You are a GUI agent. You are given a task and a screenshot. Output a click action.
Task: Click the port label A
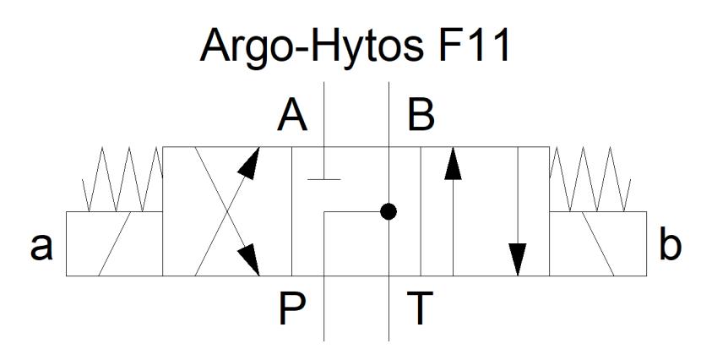click(292, 116)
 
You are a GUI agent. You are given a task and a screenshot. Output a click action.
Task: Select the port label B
click(421, 116)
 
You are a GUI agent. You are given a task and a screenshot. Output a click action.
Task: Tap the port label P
click(292, 308)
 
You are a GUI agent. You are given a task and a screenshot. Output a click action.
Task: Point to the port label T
click(420, 308)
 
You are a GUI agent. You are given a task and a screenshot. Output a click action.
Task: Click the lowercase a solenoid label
click(41, 247)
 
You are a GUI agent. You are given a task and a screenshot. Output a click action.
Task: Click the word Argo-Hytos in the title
click(311, 46)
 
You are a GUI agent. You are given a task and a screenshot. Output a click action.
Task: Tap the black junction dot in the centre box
click(389, 211)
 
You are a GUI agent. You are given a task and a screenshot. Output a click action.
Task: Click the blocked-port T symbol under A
click(324, 179)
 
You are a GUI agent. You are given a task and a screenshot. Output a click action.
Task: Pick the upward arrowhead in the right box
click(453, 164)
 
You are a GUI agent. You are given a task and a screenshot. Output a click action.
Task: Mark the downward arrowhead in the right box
click(518, 259)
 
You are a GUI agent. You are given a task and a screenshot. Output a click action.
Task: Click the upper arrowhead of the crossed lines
click(249, 163)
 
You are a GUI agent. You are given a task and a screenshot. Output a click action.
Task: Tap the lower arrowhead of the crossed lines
click(248, 259)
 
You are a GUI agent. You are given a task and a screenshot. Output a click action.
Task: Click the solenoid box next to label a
click(115, 243)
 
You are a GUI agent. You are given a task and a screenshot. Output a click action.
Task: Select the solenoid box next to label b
click(598, 243)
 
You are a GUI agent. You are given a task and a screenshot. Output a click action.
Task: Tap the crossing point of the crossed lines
click(227, 211)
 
